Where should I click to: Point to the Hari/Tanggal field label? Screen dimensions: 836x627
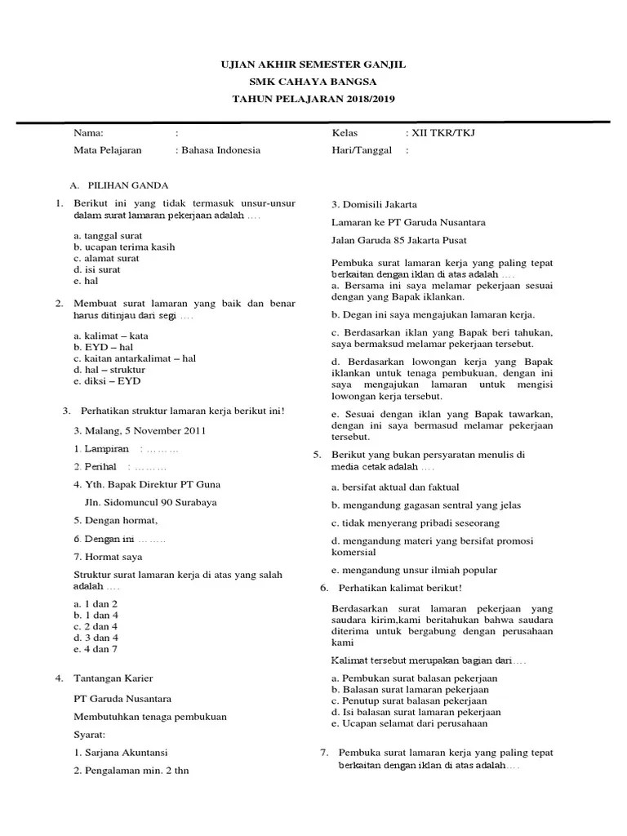(362, 150)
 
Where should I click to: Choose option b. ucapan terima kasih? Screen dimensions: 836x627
(124, 247)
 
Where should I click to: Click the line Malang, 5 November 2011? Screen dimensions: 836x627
(140, 430)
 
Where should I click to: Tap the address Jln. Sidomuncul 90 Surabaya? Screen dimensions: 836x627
(151, 503)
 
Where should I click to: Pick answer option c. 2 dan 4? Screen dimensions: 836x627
(96, 625)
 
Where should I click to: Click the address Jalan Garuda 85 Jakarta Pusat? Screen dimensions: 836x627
(399, 240)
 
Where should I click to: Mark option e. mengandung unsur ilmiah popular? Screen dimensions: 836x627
(414, 570)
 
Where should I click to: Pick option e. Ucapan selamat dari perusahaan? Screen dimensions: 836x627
(409, 723)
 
